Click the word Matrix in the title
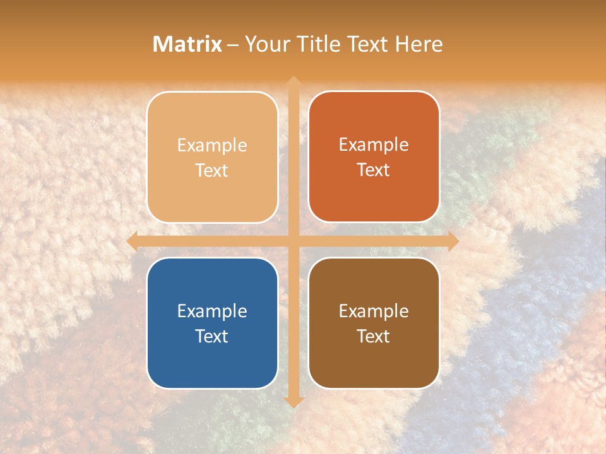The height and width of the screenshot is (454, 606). (x=187, y=44)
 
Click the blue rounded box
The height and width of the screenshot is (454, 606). (x=212, y=323)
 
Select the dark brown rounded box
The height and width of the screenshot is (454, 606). (x=374, y=323)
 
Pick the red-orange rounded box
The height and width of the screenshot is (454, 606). (x=374, y=157)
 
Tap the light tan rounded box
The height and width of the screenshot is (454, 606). (x=212, y=157)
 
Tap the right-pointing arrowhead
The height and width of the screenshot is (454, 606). (x=453, y=242)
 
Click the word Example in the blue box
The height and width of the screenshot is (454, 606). (x=212, y=311)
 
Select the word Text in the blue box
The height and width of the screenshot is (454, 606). (x=212, y=336)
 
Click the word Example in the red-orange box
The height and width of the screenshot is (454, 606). (x=374, y=144)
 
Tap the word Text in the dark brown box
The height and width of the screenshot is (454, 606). (x=374, y=336)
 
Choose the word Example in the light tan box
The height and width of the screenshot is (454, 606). (x=212, y=145)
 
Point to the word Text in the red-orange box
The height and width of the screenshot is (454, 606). (x=374, y=170)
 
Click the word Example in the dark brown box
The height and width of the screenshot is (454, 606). (x=374, y=311)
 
